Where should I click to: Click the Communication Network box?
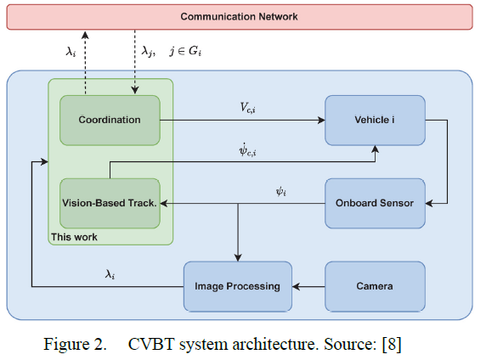click(x=240, y=17)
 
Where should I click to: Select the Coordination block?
click(x=110, y=120)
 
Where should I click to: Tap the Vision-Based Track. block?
click(x=110, y=203)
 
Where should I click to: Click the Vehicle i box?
click(x=375, y=120)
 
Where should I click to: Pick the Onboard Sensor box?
click(x=375, y=203)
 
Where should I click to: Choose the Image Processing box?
click(x=238, y=286)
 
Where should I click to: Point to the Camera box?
click(x=375, y=286)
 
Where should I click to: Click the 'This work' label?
click(x=74, y=237)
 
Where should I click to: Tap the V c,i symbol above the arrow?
click(x=247, y=108)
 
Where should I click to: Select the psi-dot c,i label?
click(x=247, y=149)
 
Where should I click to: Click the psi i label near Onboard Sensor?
click(x=280, y=191)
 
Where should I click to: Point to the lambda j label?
click(x=148, y=51)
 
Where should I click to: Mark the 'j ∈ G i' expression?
click(x=185, y=51)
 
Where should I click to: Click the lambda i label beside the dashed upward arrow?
click(x=71, y=51)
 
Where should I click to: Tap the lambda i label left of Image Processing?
click(x=110, y=274)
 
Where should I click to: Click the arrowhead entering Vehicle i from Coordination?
click(x=321, y=120)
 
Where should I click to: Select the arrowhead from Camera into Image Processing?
click(x=297, y=286)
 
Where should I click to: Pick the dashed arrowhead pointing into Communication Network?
click(x=85, y=34)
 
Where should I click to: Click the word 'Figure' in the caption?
click(x=66, y=345)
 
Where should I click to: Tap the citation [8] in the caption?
click(x=392, y=345)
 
